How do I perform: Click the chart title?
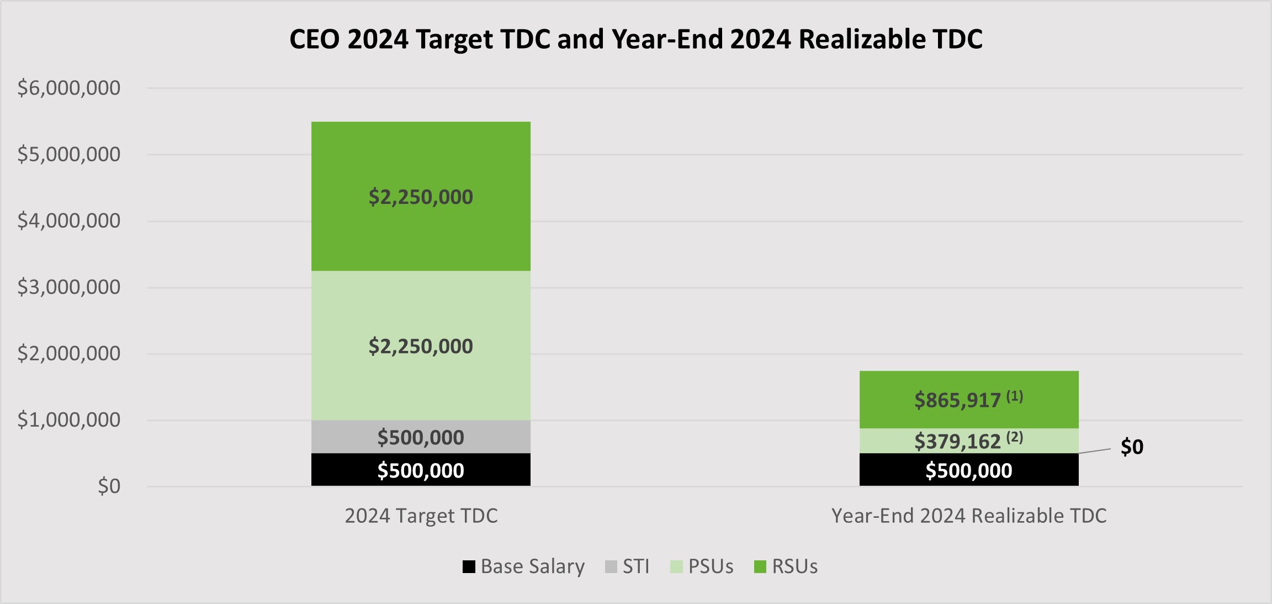(x=635, y=39)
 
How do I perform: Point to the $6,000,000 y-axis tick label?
(x=68, y=88)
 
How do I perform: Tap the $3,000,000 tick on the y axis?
(x=68, y=287)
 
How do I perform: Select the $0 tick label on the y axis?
(x=109, y=486)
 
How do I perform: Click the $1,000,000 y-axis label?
(x=68, y=419)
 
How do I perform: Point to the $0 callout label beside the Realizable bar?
(x=1132, y=447)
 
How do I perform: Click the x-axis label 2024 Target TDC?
(x=421, y=516)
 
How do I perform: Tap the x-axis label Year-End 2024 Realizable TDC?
(x=969, y=516)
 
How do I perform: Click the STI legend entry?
(x=627, y=566)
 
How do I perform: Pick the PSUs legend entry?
(x=702, y=566)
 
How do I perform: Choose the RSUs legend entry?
(x=786, y=566)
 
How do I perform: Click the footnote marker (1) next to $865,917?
(x=1015, y=396)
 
